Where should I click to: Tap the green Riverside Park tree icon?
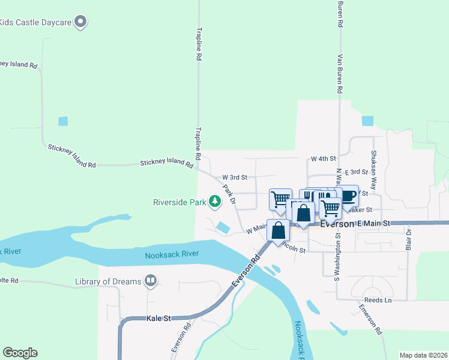[214, 202]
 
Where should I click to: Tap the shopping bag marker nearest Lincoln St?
[278, 230]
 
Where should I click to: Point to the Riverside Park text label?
[178, 202]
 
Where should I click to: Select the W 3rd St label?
[235, 178]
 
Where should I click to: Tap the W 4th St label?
[323, 159]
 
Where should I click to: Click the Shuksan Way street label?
[373, 170]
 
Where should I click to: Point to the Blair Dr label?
[409, 239]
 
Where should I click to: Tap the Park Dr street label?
[229, 194]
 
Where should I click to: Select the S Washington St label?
[337, 256]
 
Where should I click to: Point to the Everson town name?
[337, 224]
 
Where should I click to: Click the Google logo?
[20, 353]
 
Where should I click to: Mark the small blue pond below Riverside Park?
[223, 228]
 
